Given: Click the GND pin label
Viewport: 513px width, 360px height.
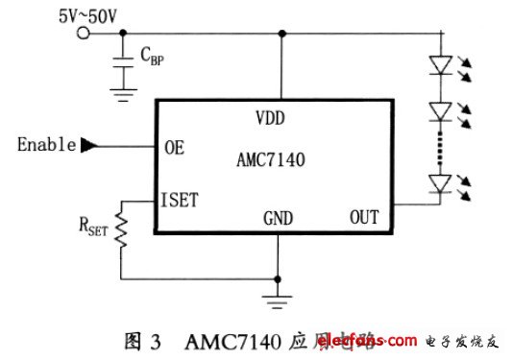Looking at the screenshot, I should coord(278,220).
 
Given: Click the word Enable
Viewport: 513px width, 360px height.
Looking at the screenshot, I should coord(46,146).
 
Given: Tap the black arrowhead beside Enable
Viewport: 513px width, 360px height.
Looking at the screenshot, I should coord(89,146).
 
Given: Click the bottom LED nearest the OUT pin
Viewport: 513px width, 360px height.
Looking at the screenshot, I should coord(441,181).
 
